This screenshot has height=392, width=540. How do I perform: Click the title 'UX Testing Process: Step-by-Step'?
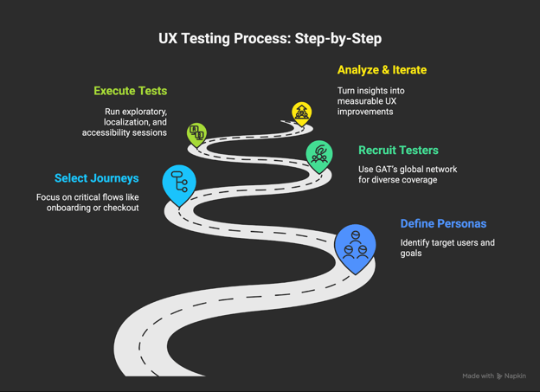(269, 39)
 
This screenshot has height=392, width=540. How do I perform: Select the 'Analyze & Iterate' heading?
(382, 70)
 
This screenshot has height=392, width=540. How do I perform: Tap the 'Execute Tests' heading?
(130, 91)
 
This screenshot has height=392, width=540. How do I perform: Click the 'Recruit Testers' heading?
(398, 151)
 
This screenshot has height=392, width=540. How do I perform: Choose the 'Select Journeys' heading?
(96, 178)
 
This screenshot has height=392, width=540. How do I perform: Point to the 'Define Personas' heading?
(443, 224)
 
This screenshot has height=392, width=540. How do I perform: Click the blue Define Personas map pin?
(355, 246)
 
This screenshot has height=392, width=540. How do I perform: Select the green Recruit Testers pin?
(319, 155)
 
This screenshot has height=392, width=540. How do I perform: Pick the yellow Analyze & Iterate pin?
(301, 112)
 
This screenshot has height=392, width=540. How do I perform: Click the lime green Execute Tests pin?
(197, 133)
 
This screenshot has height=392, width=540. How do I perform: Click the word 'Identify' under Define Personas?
(416, 243)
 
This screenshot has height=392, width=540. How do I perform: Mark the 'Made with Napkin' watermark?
(493, 376)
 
